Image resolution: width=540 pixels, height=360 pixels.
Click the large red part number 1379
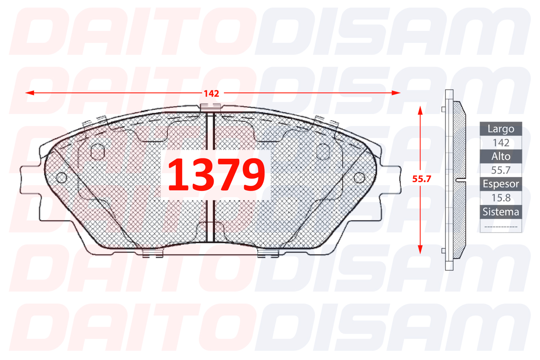pos(216,174)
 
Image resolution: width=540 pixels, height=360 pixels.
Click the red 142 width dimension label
pos(212,94)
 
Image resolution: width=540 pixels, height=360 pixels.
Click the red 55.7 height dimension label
pos(421,179)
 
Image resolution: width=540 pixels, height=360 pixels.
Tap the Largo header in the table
pos(501,129)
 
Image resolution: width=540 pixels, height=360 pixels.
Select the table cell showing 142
pos(501,143)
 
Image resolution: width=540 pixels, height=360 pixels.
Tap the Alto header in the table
pos(501,156)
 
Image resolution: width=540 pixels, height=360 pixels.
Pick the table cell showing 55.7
pos(501,170)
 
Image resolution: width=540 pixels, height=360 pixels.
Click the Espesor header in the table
pos(501,184)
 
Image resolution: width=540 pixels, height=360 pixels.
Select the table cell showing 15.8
pos(501,198)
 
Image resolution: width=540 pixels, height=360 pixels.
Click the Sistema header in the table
pos(501,212)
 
